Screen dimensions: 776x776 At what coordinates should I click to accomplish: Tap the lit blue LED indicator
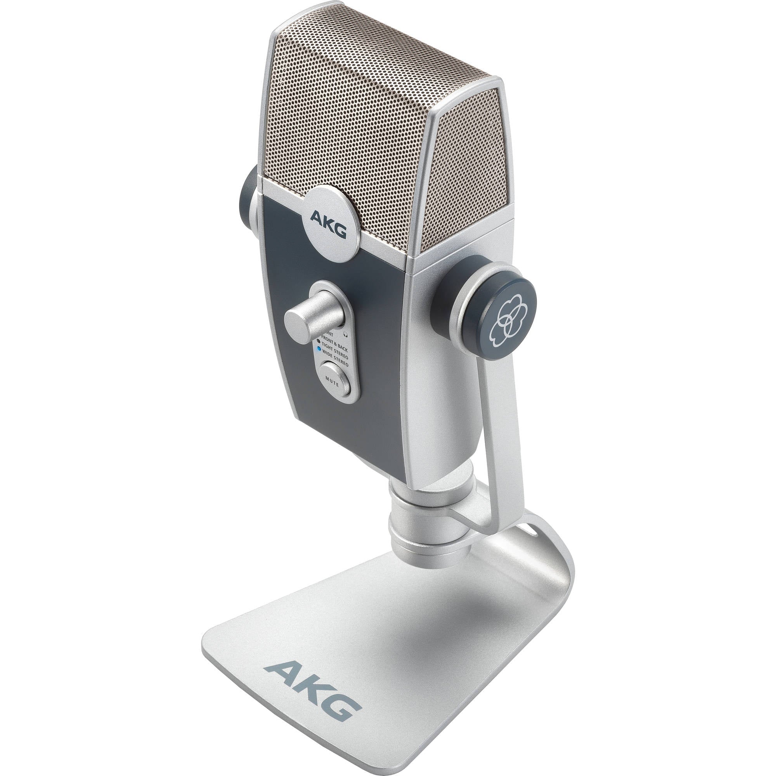pos(319,350)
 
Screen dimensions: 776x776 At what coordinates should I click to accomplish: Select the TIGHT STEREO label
pos(335,351)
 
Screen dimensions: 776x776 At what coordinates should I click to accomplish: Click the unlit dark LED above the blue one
pos(319,341)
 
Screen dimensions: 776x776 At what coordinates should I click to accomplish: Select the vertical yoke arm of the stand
pos(498,434)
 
